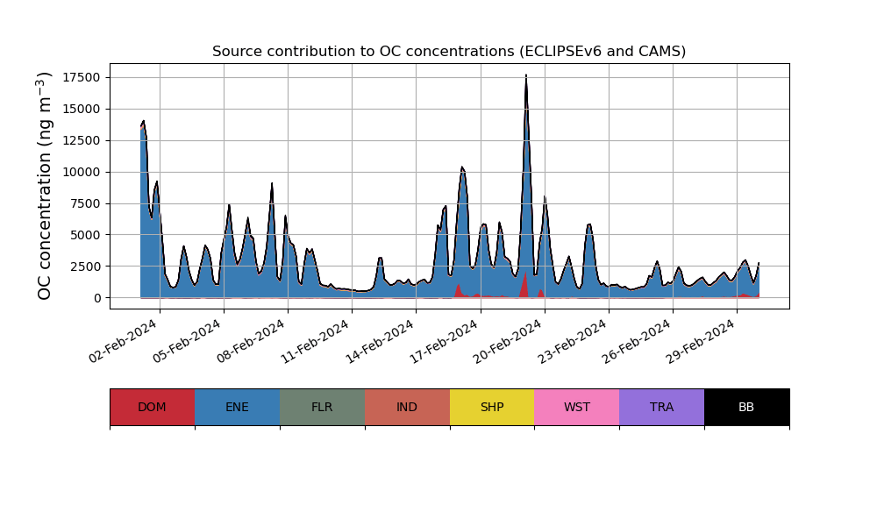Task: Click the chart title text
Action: (449, 52)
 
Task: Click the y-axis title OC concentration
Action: (45, 186)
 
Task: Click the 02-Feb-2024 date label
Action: (125, 347)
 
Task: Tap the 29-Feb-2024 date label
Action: (701, 347)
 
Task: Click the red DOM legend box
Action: (152, 407)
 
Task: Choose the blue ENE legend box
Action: (237, 407)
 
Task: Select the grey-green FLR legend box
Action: (322, 407)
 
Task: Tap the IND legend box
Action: (407, 407)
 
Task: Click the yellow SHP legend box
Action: (492, 407)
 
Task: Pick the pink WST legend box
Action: (577, 407)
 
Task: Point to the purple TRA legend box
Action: (662, 407)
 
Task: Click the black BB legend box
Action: (746, 407)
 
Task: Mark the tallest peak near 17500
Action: (526, 77)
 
